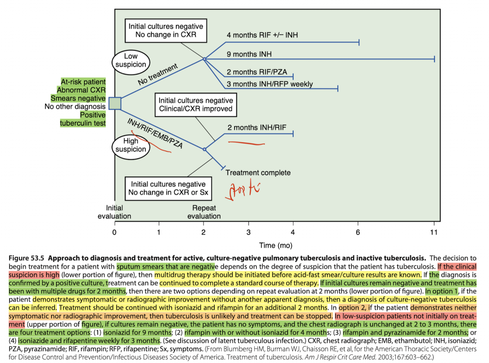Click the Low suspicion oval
pyautogui.click(x=130, y=60)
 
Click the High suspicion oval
pyautogui.click(x=130, y=145)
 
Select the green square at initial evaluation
pyautogui.click(x=115, y=103)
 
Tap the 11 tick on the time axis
pyautogui.click(x=434, y=232)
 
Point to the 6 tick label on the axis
pyautogui.click(x=358, y=232)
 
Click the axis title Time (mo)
pyautogui.click(x=276, y=245)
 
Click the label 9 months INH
pyautogui.click(x=249, y=54)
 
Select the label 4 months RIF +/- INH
pyautogui.click(x=262, y=35)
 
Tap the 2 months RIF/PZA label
pyautogui.click(x=257, y=72)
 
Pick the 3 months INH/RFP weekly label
pyautogui.click(x=269, y=84)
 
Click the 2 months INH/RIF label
pyautogui.click(x=257, y=127)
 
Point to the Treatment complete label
pyautogui.click(x=258, y=173)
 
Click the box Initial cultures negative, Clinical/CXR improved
pyautogui.click(x=195, y=105)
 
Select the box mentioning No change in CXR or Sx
pyautogui.click(x=168, y=188)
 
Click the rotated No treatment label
pyautogui.click(x=158, y=74)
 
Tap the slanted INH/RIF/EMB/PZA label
pyautogui.click(x=155, y=133)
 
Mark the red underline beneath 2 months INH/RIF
pyautogui.click(x=246, y=143)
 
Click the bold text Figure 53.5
pyautogui.click(x=26, y=258)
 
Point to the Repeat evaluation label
pyautogui.click(x=204, y=212)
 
